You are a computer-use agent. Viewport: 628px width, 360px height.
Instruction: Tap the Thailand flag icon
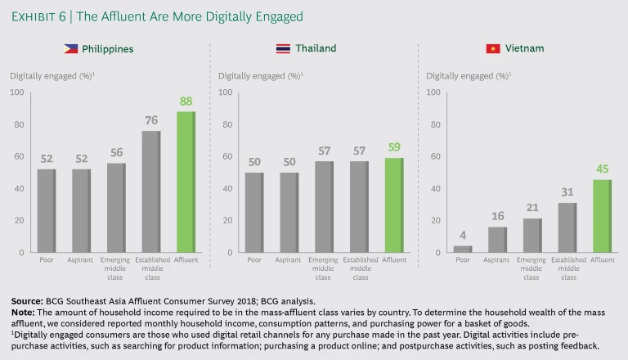283,49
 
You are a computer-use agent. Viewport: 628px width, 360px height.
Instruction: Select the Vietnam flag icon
493,49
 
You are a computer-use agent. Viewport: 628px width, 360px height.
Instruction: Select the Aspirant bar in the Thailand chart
289,212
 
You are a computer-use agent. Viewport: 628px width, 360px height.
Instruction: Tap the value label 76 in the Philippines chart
151,121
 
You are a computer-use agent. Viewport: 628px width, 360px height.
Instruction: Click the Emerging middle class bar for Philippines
117,208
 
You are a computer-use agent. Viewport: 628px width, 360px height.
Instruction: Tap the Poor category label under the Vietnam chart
463,261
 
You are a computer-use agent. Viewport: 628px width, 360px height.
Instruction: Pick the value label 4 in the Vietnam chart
464,236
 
